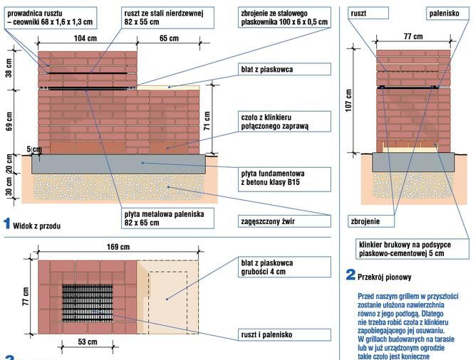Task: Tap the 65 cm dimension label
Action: click(169, 38)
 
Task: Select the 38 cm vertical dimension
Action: click(9, 68)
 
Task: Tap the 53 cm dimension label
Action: click(88, 342)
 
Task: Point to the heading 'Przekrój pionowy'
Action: click(385, 274)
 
